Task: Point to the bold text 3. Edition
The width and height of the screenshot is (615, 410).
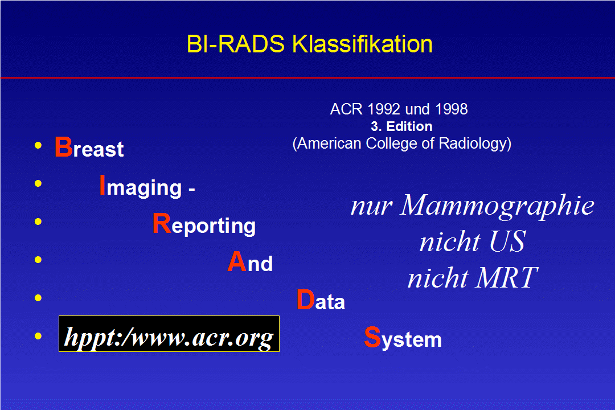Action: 401,126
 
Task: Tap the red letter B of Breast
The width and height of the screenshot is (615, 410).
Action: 63,147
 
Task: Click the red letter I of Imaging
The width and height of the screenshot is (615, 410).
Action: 102,185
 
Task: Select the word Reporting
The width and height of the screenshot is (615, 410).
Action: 204,224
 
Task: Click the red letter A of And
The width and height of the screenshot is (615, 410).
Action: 237,262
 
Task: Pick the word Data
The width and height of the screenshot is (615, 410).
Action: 321,300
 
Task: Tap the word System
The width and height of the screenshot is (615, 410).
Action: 403,338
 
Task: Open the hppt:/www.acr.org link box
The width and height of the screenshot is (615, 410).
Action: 169,334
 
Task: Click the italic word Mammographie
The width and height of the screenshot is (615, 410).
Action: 497,206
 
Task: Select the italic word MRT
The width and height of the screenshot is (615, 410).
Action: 506,277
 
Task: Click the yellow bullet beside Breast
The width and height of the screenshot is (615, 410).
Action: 38,146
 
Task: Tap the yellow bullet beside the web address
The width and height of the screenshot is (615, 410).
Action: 38,336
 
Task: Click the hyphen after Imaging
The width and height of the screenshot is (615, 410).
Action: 192,189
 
